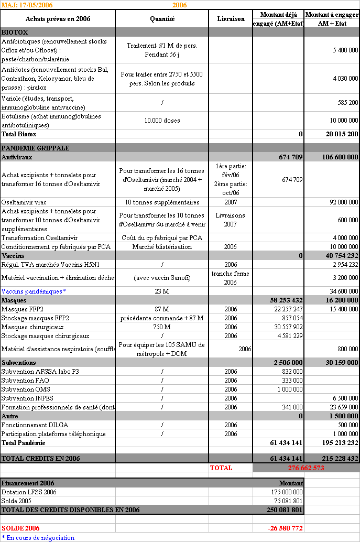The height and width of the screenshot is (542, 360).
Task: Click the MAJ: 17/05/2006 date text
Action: [27, 5]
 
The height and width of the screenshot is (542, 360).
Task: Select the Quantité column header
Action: [162, 19]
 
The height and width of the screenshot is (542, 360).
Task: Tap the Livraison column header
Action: [231, 19]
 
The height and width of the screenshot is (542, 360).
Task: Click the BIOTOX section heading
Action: [15, 32]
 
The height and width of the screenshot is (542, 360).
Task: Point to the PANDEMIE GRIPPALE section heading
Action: [35, 148]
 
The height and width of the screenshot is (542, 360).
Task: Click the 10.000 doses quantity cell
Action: [162, 121]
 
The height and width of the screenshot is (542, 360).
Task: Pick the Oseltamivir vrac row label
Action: [23, 202]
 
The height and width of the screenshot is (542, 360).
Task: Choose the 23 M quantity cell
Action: [162, 291]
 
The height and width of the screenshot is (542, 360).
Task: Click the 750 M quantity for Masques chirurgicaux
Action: [162, 327]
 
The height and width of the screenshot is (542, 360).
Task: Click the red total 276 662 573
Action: [306, 468]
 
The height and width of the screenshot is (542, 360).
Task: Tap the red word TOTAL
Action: [221, 468]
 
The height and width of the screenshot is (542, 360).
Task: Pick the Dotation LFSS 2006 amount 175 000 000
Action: [286, 492]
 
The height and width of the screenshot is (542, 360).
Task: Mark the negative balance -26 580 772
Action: [286, 528]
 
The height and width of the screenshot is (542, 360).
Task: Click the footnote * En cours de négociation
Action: [38, 538]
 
